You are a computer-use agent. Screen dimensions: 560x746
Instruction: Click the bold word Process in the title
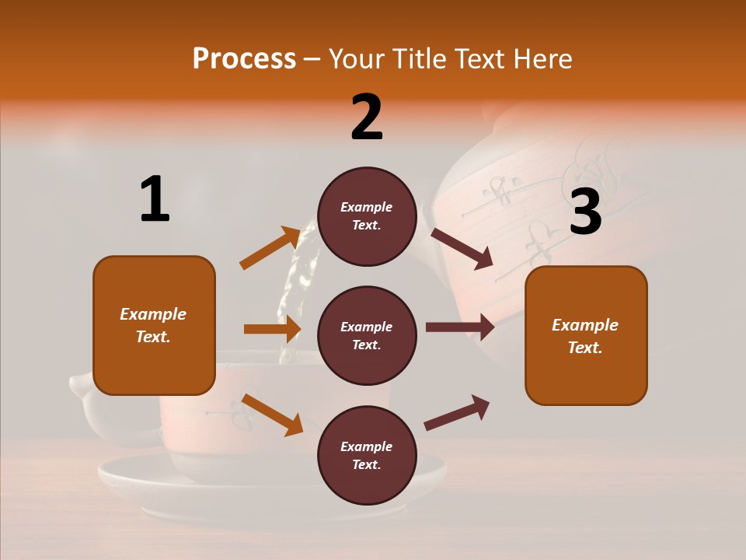tap(244, 58)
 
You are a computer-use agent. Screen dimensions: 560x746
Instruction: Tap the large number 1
tap(155, 199)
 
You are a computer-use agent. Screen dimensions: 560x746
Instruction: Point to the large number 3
tap(586, 212)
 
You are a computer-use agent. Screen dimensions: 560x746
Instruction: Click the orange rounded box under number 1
tap(154, 325)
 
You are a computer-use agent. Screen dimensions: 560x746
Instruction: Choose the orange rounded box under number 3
tap(586, 335)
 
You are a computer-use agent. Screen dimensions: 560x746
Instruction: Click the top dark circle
tap(367, 216)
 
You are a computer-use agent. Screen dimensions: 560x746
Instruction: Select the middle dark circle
tap(367, 335)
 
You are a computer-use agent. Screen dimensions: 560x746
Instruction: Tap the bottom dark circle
tap(367, 455)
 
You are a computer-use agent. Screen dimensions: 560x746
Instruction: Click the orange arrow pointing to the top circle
tap(270, 248)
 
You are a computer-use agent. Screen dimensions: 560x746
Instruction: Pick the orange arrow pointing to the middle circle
tap(272, 329)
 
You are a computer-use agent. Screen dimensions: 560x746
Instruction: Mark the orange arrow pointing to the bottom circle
tap(272, 415)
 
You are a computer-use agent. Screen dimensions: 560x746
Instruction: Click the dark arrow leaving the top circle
tap(462, 248)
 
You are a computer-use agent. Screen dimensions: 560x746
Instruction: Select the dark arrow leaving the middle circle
tap(459, 327)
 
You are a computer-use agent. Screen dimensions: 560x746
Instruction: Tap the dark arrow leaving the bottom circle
tap(457, 413)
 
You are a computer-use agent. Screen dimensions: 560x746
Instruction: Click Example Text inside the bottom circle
tap(367, 455)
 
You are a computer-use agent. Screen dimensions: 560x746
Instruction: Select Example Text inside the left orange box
tap(154, 325)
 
